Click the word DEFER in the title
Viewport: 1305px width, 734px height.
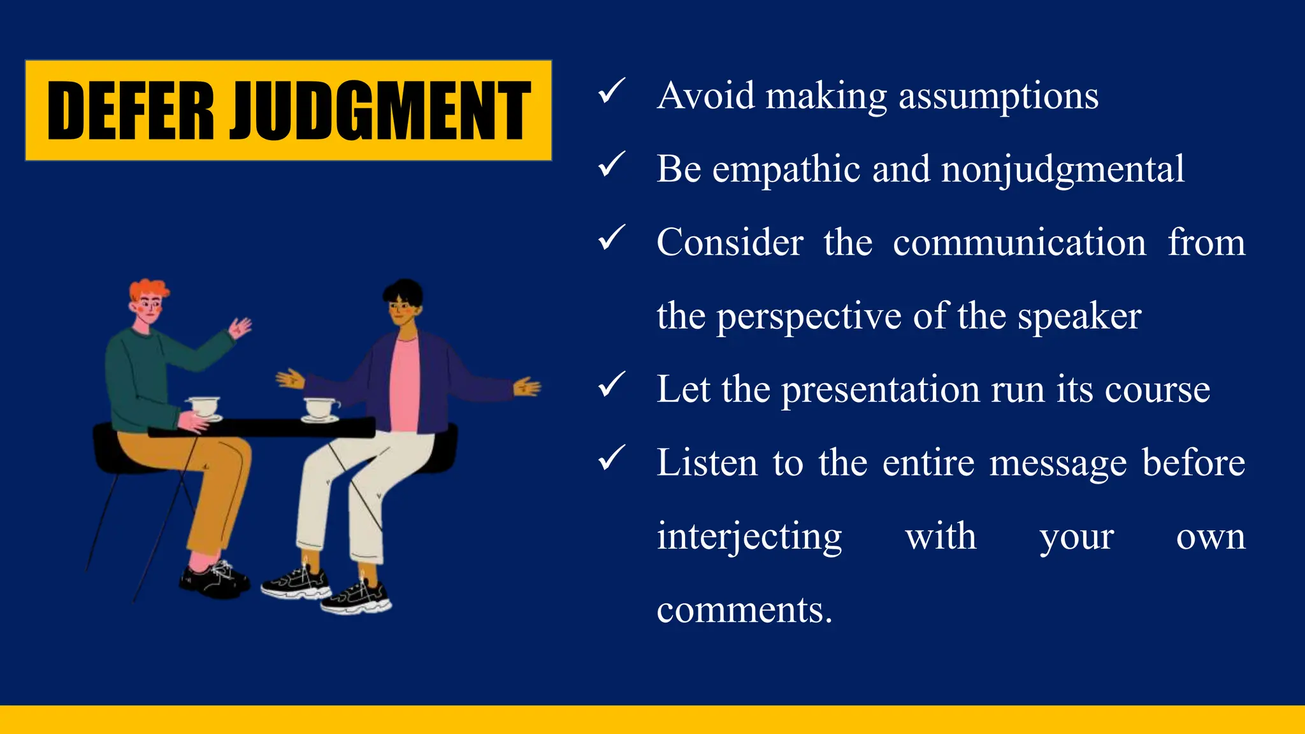pyautogui.click(x=130, y=111)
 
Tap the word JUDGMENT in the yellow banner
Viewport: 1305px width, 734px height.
pyautogui.click(x=380, y=111)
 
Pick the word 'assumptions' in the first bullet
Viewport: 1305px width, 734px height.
pyautogui.click(x=999, y=97)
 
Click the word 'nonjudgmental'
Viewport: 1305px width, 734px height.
pyautogui.click(x=1063, y=170)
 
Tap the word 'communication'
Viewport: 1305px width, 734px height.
pyautogui.click(x=1020, y=243)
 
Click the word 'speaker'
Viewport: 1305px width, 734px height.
pyautogui.click(x=1079, y=317)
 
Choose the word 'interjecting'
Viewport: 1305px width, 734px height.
pyautogui.click(x=749, y=537)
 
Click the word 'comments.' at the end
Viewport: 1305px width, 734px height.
pyautogui.click(x=744, y=610)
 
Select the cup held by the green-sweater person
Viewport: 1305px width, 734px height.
pyautogui.click(x=204, y=407)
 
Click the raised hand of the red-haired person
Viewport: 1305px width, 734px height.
pyautogui.click(x=240, y=328)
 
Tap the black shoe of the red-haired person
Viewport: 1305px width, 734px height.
pyautogui.click(x=213, y=580)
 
